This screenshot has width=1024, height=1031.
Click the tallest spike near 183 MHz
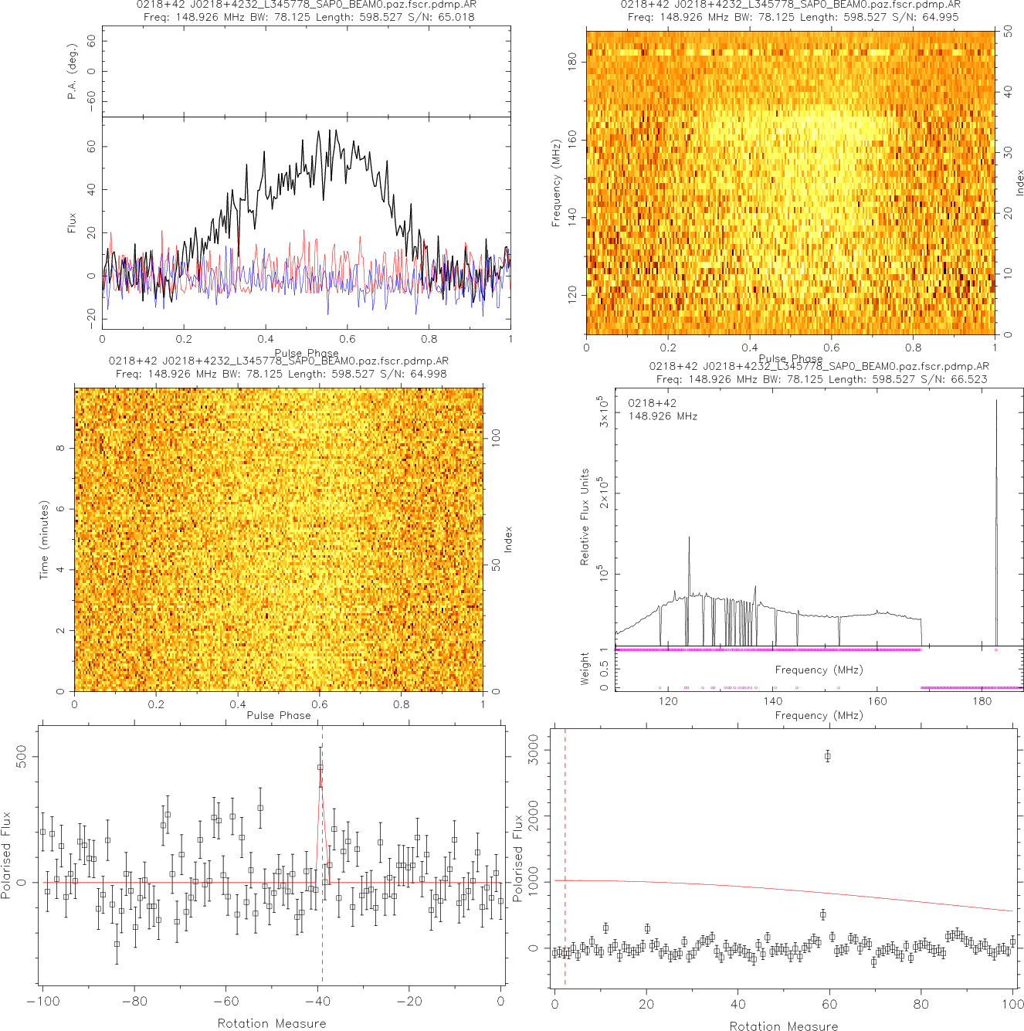[x=996, y=409]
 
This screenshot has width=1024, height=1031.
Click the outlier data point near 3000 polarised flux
[x=827, y=756]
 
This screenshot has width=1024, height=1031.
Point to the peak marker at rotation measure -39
[x=320, y=767]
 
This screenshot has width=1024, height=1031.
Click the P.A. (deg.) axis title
[x=73, y=71]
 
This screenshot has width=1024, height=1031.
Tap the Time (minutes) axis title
[x=44, y=540]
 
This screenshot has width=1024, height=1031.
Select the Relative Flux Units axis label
[x=585, y=517]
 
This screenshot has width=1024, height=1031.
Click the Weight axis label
[x=585, y=670]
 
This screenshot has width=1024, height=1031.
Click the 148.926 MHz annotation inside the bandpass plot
[x=663, y=416]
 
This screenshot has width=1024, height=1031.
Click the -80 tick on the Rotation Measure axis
[x=134, y=1002]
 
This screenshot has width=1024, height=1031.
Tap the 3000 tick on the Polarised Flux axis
[x=533, y=749]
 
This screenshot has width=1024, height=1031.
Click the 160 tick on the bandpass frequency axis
[x=877, y=701]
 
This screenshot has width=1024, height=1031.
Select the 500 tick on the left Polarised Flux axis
[x=22, y=756]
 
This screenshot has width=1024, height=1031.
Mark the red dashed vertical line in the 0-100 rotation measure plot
[x=565, y=850]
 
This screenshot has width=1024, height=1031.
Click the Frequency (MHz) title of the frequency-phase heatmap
[x=556, y=183]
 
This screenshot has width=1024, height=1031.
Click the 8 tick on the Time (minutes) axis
[x=61, y=448]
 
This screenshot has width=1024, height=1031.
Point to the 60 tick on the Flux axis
[x=91, y=147]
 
